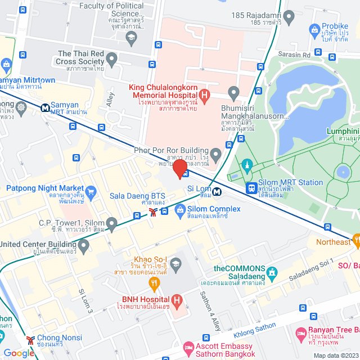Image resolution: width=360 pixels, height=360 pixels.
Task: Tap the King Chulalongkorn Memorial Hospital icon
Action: (204, 96)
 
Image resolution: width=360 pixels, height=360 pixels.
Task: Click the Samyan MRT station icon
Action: (44, 106)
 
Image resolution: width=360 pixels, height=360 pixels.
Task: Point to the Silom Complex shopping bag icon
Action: (180, 212)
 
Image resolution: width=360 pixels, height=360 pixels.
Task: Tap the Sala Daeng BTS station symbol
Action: (152, 212)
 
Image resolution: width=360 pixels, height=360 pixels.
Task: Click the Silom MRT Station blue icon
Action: (251, 187)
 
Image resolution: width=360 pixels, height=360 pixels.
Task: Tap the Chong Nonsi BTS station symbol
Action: (30, 340)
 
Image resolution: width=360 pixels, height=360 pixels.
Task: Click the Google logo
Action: (19, 353)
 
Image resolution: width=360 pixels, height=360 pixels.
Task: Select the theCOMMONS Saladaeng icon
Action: (272, 274)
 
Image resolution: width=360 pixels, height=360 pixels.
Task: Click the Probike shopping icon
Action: (314, 28)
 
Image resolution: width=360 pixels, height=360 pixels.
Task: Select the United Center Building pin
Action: (84, 245)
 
